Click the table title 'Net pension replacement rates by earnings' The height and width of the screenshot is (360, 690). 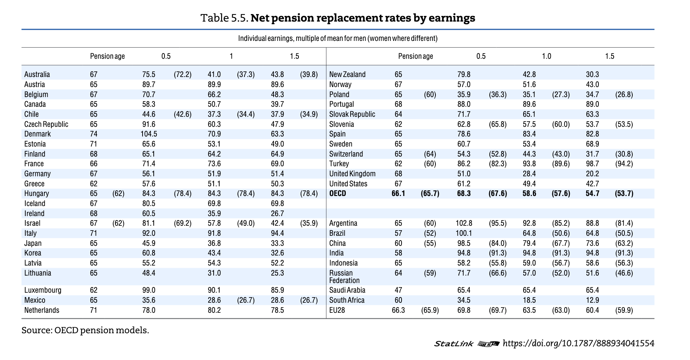(338, 18)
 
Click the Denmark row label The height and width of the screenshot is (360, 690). (37, 134)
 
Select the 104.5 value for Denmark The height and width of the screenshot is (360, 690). (148, 134)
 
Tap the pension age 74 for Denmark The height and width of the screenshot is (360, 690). (93, 134)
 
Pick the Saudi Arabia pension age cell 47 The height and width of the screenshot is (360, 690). (398, 290)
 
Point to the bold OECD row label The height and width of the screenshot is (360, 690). (338, 193)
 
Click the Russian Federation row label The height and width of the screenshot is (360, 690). (344, 277)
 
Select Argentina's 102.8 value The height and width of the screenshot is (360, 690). (464, 223)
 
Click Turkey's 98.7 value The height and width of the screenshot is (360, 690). (592, 164)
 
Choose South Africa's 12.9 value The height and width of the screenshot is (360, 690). (592, 300)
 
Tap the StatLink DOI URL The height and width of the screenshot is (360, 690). (578, 343)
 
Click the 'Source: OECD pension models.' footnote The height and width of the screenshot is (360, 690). (85, 330)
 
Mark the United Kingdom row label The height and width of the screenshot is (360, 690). (352, 174)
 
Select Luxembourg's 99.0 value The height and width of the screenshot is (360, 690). (148, 290)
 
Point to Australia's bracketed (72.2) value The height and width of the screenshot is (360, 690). (182, 74)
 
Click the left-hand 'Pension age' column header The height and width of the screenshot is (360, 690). (107, 56)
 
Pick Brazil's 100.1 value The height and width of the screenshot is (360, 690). (464, 233)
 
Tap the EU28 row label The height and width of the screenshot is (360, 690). (337, 310)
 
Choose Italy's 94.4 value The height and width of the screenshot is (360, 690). (277, 233)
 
